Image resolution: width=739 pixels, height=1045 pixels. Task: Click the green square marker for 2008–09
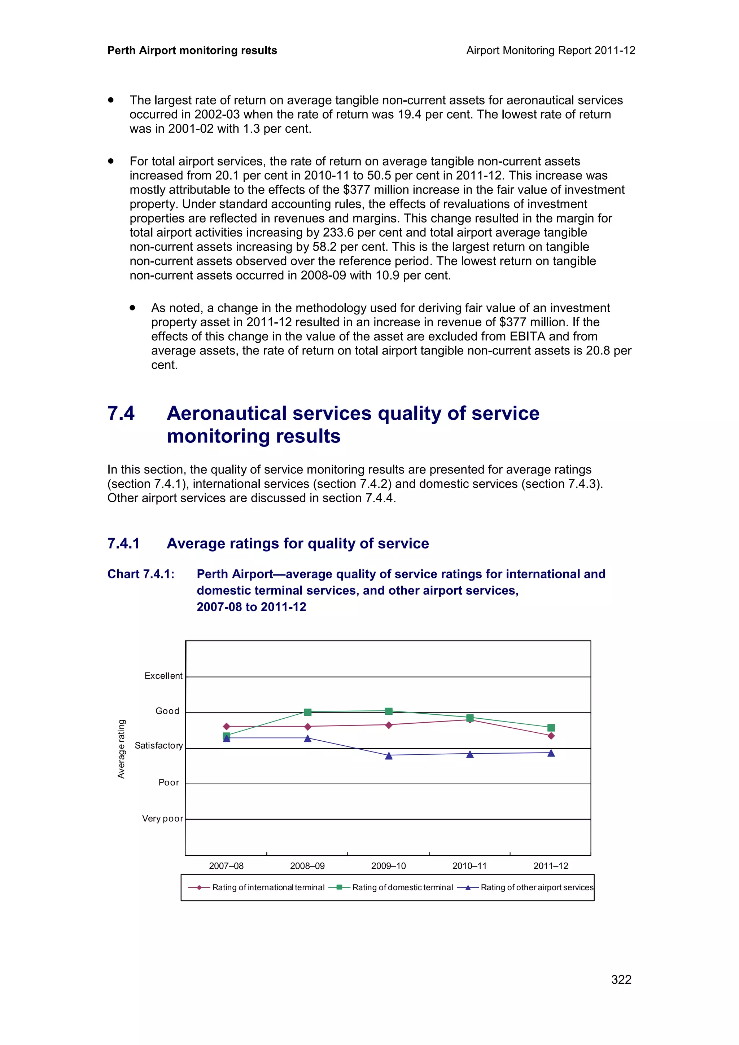click(307, 712)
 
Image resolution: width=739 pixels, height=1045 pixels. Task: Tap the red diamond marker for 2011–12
click(551, 736)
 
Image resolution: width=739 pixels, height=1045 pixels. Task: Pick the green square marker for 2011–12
click(551, 728)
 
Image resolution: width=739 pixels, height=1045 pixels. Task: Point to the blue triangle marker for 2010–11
click(470, 754)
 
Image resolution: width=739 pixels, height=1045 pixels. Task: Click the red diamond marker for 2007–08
click(226, 726)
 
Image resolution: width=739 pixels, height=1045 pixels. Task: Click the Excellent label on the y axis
click(163, 676)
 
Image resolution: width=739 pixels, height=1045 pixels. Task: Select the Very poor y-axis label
click(162, 818)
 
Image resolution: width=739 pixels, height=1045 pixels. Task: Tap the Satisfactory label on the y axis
click(158, 745)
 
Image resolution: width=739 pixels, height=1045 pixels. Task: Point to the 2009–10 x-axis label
click(388, 866)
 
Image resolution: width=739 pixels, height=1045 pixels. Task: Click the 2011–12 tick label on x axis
click(551, 866)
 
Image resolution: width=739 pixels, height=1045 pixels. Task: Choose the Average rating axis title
click(121, 749)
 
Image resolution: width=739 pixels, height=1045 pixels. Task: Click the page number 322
click(621, 979)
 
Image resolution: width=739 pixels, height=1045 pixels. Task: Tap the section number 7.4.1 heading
click(123, 543)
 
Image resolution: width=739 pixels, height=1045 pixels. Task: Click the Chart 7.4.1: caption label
click(141, 574)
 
